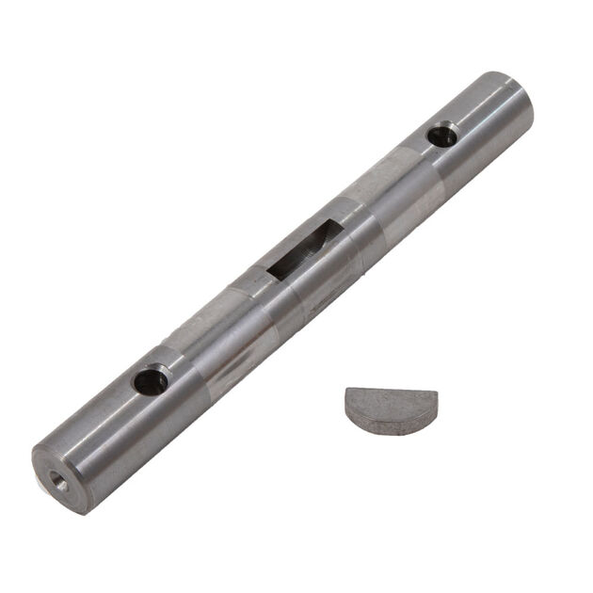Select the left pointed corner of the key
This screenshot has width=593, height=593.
(x=347, y=393)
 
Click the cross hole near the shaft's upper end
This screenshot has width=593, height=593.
(x=441, y=136)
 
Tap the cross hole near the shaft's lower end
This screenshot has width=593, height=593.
(x=150, y=381)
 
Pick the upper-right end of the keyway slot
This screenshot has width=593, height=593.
(x=329, y=229)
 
